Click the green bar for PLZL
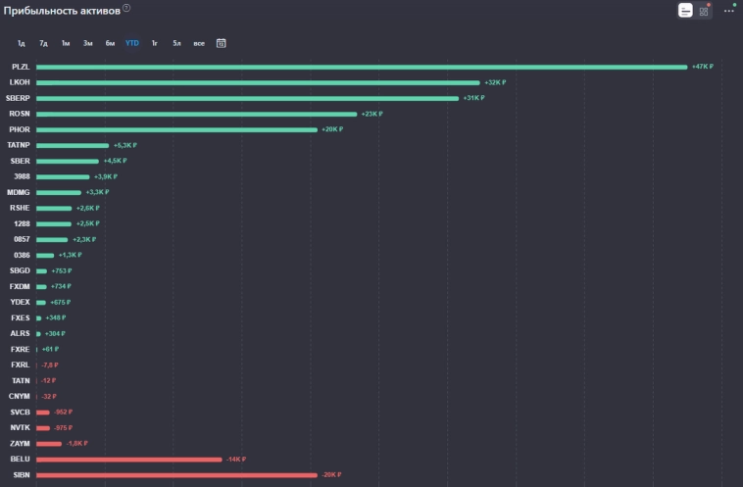[x=362, y=67]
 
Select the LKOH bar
[x=258, y=82]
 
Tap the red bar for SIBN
[x=176, y=475]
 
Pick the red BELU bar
[x=128, y=460]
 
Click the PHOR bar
[x=176, y=129]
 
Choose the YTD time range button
[x=132, y=43]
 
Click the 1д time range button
[x=21, y=43]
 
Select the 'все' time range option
[x=199, y=43]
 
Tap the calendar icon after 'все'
[x=222, y=43]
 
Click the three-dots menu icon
[x=728, y=11]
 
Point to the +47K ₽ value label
[x=702, y=67]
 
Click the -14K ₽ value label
[x=235, y=460]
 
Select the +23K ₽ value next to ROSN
[x=371, y=114]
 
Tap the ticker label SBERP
[x=20, y=98]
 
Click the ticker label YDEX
[x=20, y=302]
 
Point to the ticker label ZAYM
[x=20, y=444]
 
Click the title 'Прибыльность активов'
[x=62, y=9]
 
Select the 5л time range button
[x=176, y=43]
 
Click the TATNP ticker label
[x=20, y=145]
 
